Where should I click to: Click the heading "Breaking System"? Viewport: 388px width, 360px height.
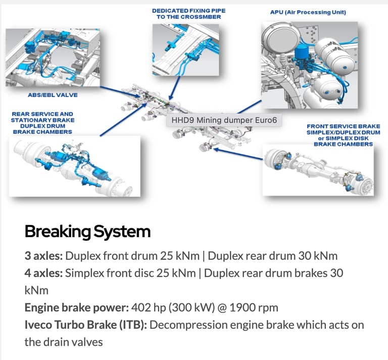coord(87,232)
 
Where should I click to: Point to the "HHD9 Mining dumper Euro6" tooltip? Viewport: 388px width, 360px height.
coord(224,121)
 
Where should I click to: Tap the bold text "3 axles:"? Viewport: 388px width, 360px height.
coord(43,255)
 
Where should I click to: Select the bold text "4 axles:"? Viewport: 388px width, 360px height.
coord(44,273)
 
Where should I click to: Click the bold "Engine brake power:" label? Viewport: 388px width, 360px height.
coord(76,307)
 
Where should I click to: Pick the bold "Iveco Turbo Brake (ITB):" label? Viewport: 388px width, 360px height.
coord(85,325)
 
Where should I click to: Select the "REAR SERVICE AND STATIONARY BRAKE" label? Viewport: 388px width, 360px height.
coord(42,117)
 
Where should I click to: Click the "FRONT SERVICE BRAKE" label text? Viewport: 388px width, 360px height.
coord(343,126)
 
